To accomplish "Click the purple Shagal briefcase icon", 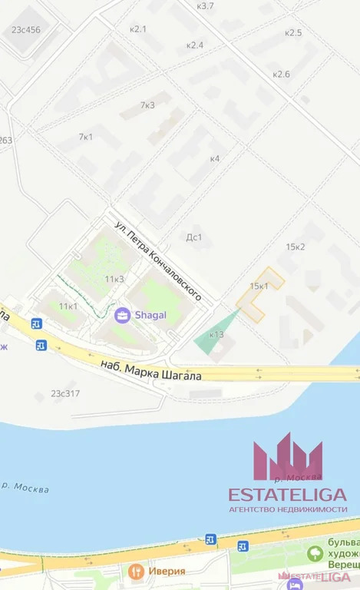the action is pos(121,314).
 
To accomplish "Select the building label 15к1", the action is pos(259,286).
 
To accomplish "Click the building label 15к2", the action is pos(296,247).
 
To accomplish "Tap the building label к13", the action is pos(216,334).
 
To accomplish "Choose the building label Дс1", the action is pos(194,237).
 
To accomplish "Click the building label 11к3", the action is pos(114,279).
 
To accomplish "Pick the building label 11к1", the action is pos(68,307).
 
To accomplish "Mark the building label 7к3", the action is pos(147,105).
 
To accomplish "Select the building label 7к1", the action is pos(85,137).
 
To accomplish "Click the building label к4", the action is pos(215,159).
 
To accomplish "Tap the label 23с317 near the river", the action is pos(65,393).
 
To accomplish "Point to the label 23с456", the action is pos(25,30).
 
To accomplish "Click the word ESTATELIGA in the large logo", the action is pos(288,494).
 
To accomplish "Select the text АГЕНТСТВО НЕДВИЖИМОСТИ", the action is pos(288,509).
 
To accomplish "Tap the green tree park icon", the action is pos(315,553).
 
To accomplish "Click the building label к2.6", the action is pos(281,74).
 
